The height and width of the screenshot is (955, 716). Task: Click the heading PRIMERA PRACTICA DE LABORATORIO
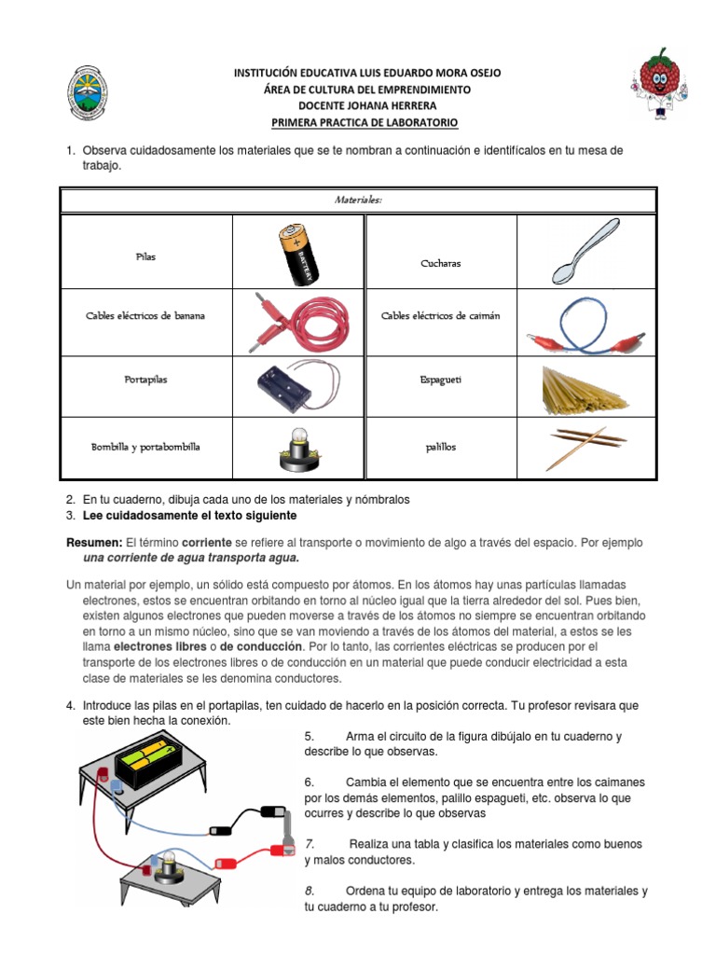pos(365,122)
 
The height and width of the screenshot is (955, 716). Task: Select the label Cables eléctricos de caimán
pos(440,316)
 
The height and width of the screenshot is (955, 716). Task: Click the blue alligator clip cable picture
pos(584,325)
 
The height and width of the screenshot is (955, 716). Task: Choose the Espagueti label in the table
pos(440,381)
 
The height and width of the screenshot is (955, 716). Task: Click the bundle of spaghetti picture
pos(582,386)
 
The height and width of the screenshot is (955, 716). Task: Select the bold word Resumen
pos(94,543)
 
